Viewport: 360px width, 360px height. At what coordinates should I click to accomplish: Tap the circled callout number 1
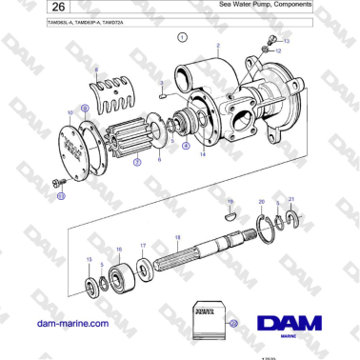181,39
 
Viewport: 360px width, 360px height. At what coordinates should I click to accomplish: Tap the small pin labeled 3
164,95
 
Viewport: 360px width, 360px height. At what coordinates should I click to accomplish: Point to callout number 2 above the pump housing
218,47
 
